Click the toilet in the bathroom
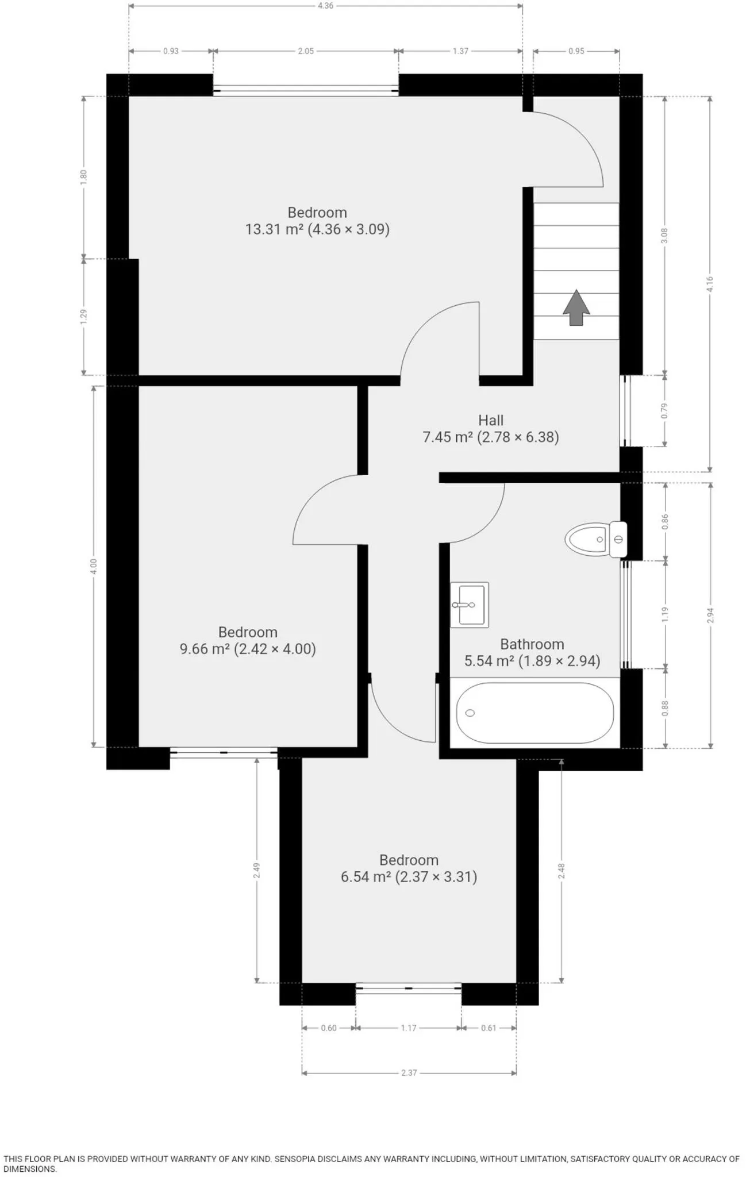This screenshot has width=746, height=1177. point(596,539)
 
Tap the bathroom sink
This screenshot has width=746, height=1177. point(469,604)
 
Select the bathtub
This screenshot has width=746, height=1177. point(534,713)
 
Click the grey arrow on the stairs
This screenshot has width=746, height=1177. point(576,309)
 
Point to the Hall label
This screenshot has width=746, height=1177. point(491,420)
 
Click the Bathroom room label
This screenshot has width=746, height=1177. point(532,644)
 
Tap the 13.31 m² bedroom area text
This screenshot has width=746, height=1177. point(317,229)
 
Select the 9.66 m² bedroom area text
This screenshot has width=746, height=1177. point(248,649)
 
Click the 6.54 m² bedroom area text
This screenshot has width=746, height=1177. point(409,877)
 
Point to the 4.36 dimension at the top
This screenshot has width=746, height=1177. point(325,6)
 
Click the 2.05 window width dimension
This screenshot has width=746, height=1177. point(306,51)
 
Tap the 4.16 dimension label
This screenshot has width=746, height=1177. point(710,284)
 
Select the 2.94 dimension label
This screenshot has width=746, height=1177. point(710,616)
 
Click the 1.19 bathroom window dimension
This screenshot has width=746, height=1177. point(665,614)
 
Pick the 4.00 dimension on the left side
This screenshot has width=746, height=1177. point(94,566)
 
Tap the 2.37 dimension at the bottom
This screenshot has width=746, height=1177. point(409,1072)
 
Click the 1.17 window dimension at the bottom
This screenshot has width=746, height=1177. point(409,1028)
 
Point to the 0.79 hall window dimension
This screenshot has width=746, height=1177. point(665,410)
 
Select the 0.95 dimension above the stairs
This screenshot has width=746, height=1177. point(576,51)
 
